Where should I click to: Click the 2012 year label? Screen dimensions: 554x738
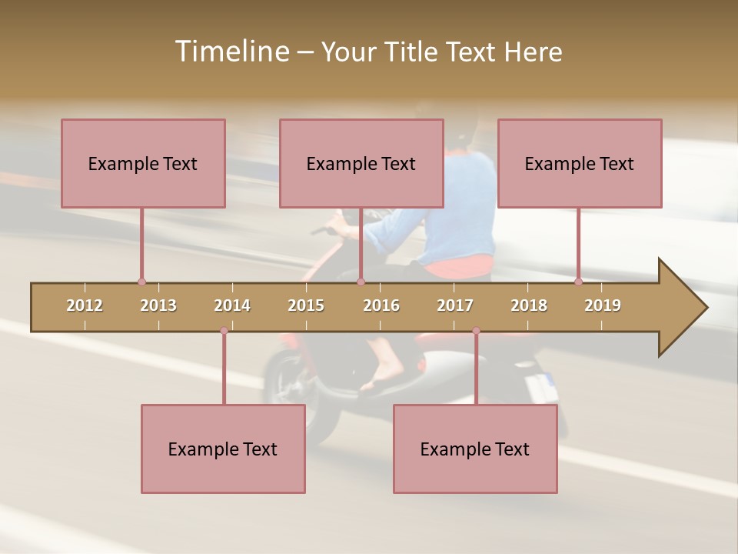tap(85, 305)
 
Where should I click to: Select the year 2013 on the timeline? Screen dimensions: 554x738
tap(158, 305)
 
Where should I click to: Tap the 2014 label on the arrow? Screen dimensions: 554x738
tap(232, 305)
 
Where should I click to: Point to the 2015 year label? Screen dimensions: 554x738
tap(306, 305)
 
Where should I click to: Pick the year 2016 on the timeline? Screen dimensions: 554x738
tap(381, 305)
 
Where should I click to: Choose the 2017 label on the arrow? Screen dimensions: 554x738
tap(455, 305)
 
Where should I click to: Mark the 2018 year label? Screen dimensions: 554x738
tap(529, 305)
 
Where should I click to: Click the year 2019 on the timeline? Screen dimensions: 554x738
tap(603, 305)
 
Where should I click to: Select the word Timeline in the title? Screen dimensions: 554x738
tap(231, 52)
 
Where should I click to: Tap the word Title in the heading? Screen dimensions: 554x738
tap(413, 52)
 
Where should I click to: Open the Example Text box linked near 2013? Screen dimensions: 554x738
tap(143, 163)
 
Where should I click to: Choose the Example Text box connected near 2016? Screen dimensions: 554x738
tap(361, 163)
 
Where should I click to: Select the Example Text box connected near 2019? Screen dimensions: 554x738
tap(580, 163)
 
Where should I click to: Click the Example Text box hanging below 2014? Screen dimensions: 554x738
tap(223, 449)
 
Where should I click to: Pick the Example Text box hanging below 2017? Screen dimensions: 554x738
tap(475, 449)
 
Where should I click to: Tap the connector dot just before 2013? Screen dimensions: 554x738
tap(141, 282)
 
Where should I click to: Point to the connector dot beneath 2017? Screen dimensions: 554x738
tap(476, 331)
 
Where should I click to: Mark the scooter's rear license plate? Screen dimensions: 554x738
tap(542, 386)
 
